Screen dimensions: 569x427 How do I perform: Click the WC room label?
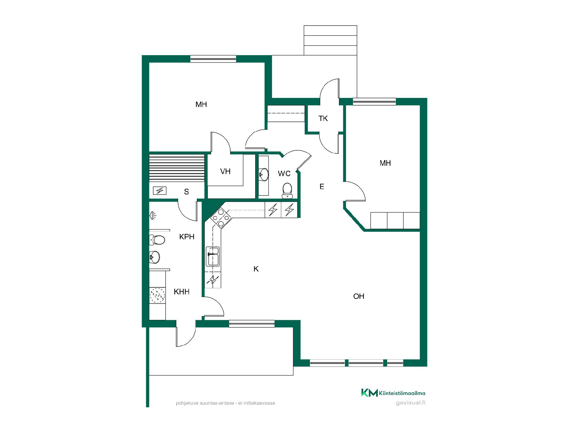pyautogui.click(x=284, y=173)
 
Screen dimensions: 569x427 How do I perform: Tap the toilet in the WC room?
pyautogui.click(x=287, y=190)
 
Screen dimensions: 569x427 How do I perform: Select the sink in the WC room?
pyautogui.click(x=263, y=174)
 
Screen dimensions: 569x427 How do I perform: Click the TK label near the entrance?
pyautogui.click(x=323, y=119)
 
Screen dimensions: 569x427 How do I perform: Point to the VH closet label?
pyautogui.click(x=225, y=171)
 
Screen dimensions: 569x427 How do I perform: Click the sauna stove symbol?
pyautogui.click(x=159, y=190)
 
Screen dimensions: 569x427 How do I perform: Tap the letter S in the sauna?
pyautogui.click(x=186, y=192)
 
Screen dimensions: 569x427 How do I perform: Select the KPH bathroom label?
pyautogui.click(x=187, y=237)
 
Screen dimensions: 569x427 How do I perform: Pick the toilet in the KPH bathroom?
pyautogui.click(x=157, y=240)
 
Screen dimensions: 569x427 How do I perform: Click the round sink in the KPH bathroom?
pyautogui.click(x=154, y=257)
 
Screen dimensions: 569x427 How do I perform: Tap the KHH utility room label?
pyautogui.click(x=182, y=292)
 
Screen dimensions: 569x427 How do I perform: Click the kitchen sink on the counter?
pyautogui.click(x=213, y=256)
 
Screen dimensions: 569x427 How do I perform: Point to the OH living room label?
pyautogui.click(x=359, y=296)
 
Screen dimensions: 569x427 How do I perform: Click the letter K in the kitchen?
pyautogui.click(x=256, y=269)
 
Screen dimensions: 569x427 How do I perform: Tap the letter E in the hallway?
pyautogui.click(x=322, y=187)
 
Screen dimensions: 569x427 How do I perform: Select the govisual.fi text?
pyautogui.click(x=410, y=403)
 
